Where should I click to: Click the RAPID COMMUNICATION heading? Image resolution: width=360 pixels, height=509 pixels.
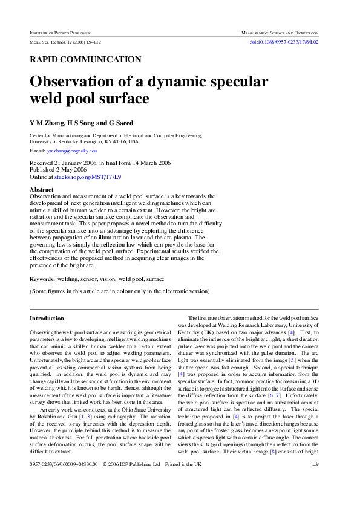[85, 59]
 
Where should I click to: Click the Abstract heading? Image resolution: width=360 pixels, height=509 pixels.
[42, 190]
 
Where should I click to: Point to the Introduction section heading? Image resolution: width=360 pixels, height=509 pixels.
[47, 319]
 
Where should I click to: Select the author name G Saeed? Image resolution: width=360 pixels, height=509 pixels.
[121, 123]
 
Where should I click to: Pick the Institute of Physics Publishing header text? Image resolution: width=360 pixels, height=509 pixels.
[65, 31]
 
